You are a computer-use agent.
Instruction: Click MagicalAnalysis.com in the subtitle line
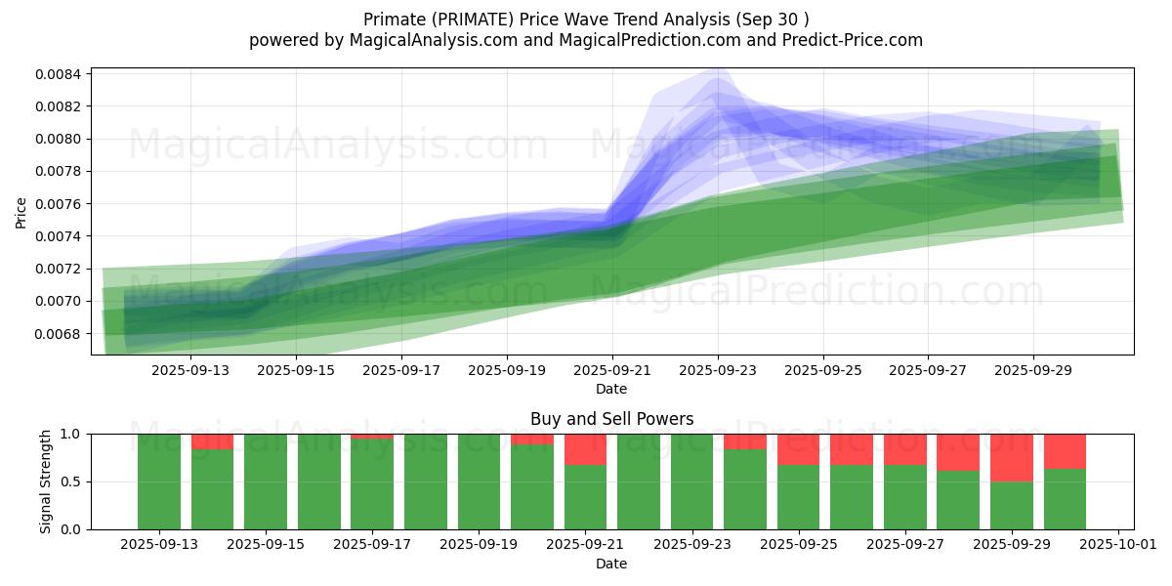click(434, 40)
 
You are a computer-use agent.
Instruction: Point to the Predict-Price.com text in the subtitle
click(853, 40)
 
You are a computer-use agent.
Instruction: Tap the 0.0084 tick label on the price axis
click(59, 74)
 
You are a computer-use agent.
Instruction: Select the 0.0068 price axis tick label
click(59, 334)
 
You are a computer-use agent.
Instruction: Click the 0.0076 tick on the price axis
click(59, 204)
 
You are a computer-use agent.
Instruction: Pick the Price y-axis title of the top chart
click(21, 213)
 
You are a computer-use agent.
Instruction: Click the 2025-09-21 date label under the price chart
click(612, 370)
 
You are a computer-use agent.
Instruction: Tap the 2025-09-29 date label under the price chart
click(1033, 370)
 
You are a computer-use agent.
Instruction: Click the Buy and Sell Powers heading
click(611, 419)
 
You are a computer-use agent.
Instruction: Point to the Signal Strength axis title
click(46, 481)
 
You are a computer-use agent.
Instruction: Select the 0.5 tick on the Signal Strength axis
click(70, 481)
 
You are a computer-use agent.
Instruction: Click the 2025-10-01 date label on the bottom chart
click(1118, 545)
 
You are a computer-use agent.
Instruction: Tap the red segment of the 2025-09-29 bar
click(1012, 458)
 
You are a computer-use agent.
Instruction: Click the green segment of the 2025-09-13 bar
click(159, 481)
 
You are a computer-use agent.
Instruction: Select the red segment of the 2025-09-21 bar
click(585, 449)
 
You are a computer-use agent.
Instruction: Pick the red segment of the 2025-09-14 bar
click(213, 441)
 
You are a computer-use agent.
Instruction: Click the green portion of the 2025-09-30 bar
click(1065, 499)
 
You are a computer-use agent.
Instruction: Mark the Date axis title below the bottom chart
click(611, 564)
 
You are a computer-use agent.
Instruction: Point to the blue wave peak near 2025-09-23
click(719, 69)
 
